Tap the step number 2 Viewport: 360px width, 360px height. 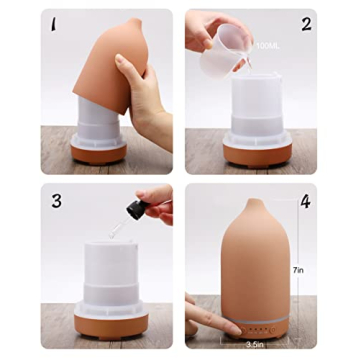pos(306,23)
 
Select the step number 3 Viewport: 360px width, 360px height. pos(57,201)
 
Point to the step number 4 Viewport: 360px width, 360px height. pos(306,201)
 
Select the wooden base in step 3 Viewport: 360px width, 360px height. pos(96,323)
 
